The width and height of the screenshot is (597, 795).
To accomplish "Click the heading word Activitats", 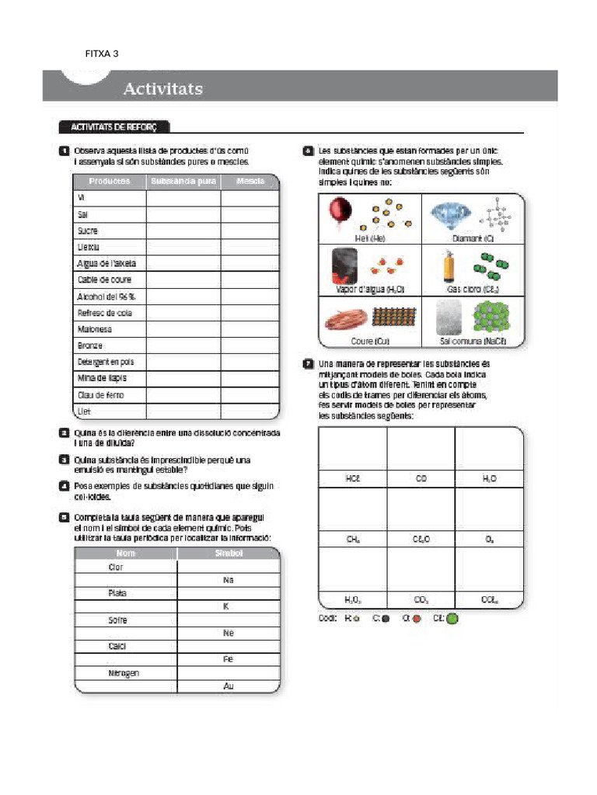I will (162, 89).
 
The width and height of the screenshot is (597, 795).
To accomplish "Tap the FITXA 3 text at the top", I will (102, 54).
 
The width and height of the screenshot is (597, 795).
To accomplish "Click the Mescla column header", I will (250, 182).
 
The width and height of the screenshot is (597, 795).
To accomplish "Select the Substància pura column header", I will (183, 182).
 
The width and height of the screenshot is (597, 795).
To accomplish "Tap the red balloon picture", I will (340, 211).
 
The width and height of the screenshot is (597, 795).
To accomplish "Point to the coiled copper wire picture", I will (344, 318).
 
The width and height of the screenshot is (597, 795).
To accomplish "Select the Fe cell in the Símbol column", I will (228, 659).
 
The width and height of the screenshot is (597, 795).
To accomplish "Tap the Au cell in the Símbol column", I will (228, 686).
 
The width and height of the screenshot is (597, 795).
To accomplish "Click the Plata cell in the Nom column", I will (117, 593).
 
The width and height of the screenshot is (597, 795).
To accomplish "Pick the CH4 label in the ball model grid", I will (353, 539).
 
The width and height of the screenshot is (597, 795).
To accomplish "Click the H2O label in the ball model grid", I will (489, 479).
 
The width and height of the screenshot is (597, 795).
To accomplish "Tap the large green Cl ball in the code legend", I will (452, 619).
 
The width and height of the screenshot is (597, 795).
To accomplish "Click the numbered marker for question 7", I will (309, 363).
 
